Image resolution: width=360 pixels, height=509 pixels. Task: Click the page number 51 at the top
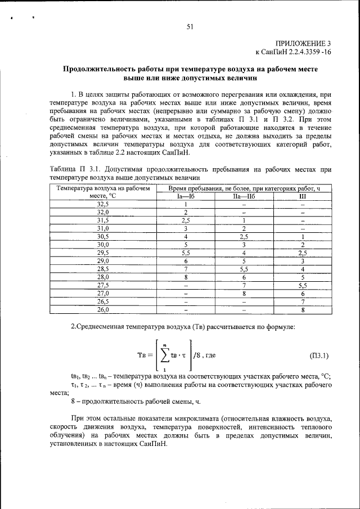190,26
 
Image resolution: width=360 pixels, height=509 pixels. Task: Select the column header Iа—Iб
185,196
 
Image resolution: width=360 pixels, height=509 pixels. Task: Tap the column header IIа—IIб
244,196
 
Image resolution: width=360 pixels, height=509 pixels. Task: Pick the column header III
303,196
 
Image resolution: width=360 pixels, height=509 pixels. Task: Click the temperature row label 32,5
102,204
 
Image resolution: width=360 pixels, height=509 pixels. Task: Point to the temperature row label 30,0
102,245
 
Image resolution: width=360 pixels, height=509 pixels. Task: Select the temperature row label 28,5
102,269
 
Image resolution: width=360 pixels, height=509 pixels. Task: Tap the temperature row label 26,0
102,310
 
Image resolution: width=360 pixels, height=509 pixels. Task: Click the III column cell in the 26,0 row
303,310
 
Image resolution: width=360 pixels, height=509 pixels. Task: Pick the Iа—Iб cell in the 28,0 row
185,277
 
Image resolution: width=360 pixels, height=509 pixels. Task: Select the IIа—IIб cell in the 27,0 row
244,294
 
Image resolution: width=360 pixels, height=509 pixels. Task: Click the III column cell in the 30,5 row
303,237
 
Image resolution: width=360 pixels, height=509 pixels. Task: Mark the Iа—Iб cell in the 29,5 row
185,253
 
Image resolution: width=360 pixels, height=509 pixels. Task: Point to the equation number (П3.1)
320,355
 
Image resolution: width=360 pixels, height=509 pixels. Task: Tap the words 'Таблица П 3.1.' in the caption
73,169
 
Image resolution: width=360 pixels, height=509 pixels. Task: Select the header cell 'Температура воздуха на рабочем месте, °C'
102,192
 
